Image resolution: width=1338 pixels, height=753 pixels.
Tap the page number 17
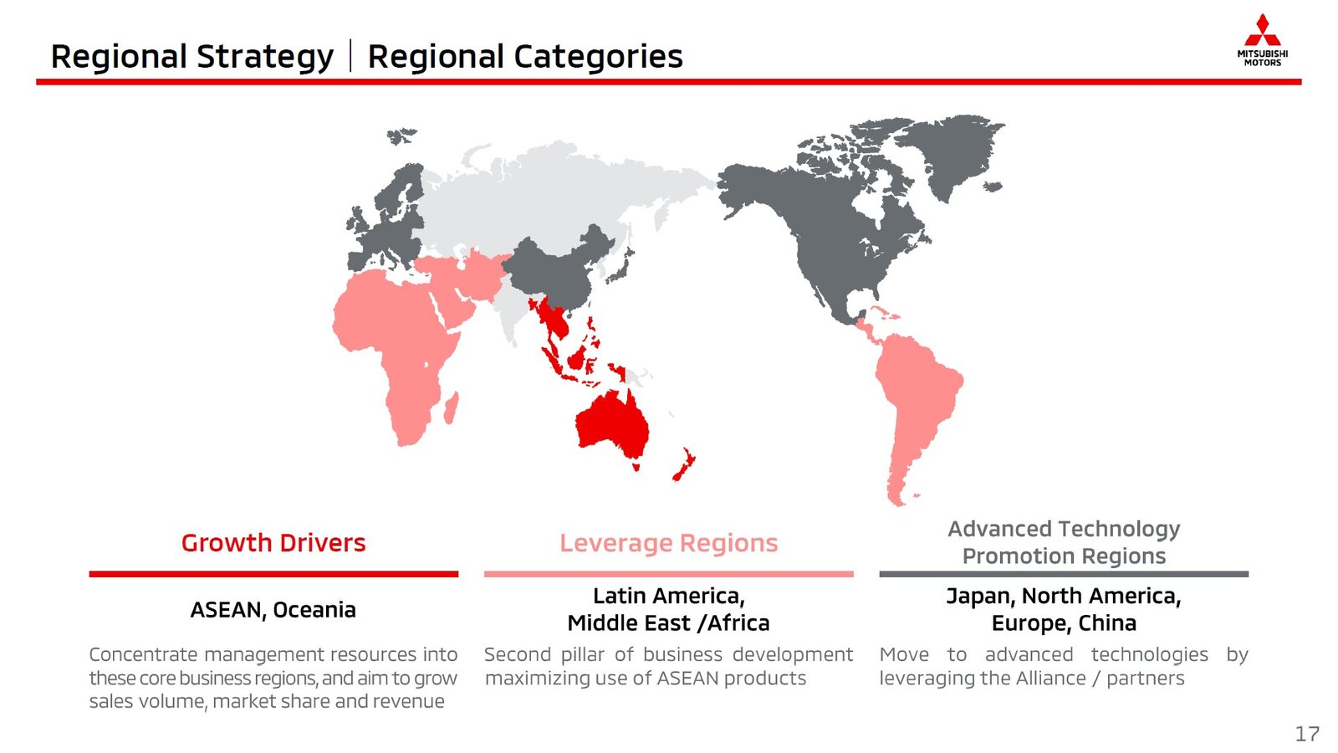1307,734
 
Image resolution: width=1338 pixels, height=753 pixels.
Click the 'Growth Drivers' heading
273,543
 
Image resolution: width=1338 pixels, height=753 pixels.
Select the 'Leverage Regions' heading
669,543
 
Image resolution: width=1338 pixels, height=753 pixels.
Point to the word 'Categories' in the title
598,58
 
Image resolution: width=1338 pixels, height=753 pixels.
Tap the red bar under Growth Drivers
273,574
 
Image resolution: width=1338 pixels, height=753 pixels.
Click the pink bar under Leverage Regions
669,574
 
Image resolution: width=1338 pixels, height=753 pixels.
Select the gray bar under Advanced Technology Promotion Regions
1064,574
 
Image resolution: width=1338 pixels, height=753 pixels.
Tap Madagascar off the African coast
452,407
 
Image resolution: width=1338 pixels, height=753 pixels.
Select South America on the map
917,407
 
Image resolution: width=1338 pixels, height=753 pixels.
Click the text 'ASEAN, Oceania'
273,610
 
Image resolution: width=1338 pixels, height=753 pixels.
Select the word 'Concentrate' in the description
143,654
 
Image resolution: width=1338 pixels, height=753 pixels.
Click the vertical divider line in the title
350,55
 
